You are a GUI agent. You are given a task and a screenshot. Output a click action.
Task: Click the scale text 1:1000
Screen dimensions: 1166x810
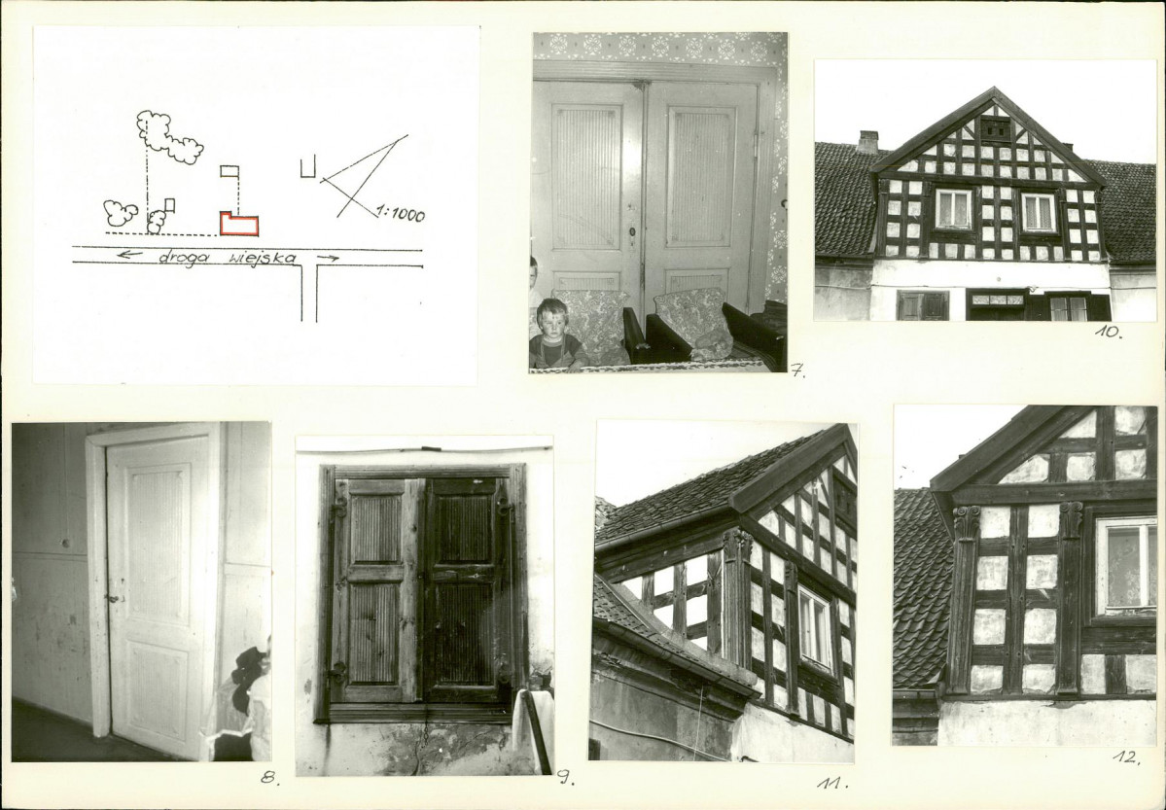(x=400, y=214)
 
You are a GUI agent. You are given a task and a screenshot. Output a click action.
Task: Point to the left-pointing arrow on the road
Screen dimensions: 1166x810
(x=129, y=255)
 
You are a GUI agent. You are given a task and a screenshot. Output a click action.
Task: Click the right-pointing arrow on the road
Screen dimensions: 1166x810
(x=328, y=258)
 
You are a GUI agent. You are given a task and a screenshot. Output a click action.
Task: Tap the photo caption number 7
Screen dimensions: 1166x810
(x=797, y=370)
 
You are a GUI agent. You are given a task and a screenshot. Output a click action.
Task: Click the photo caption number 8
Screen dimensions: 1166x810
(x=269, y=778)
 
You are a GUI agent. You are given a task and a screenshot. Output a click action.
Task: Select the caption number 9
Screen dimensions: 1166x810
(x=565, y=778)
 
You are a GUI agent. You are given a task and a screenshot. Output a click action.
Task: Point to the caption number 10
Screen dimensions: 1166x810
(x=1108, y=332)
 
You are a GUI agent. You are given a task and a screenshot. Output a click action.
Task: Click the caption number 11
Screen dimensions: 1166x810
(x=832, y=783)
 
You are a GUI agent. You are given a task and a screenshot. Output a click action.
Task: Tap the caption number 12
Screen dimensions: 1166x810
(x=1126, y=757)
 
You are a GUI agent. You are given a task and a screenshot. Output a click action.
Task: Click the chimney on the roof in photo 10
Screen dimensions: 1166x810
(x=867, y=141)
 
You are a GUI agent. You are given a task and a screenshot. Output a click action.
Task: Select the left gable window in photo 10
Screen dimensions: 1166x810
(x=953, y=209)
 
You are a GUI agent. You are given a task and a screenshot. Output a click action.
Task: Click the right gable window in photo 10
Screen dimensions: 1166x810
(x=1038, y=212)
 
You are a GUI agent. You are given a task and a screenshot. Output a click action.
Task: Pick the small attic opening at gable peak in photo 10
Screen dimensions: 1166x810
(x=995, y=128)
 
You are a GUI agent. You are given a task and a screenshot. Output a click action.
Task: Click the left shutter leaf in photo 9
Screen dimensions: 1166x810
(x=376, y=589)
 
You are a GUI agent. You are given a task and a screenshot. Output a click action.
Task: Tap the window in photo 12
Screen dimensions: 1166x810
(x=1126, y=565)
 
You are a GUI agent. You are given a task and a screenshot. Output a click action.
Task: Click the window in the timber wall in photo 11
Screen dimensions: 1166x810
(x=815, y=627)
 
